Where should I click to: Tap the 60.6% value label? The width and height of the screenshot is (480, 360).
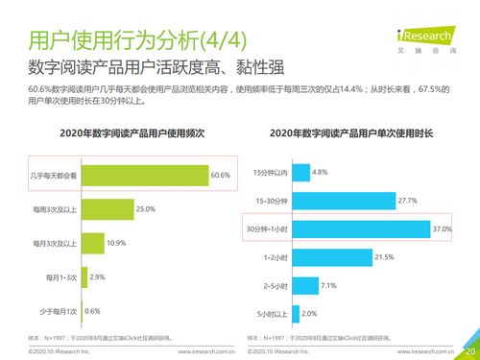pyautogui.click(x=222, y=176)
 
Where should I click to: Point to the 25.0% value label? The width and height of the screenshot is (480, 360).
pyautogui.click(x=147, y=209)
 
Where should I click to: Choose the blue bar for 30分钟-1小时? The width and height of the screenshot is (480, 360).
pyautogui.click(x=359, y=229)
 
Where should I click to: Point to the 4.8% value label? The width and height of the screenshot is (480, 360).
pyautogui.click(x=321, y=172)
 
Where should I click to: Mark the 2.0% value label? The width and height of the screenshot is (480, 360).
pyautogui.click(x=309, y=314)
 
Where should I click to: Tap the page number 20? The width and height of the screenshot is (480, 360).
pyautogui.click(x=470, y=350)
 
